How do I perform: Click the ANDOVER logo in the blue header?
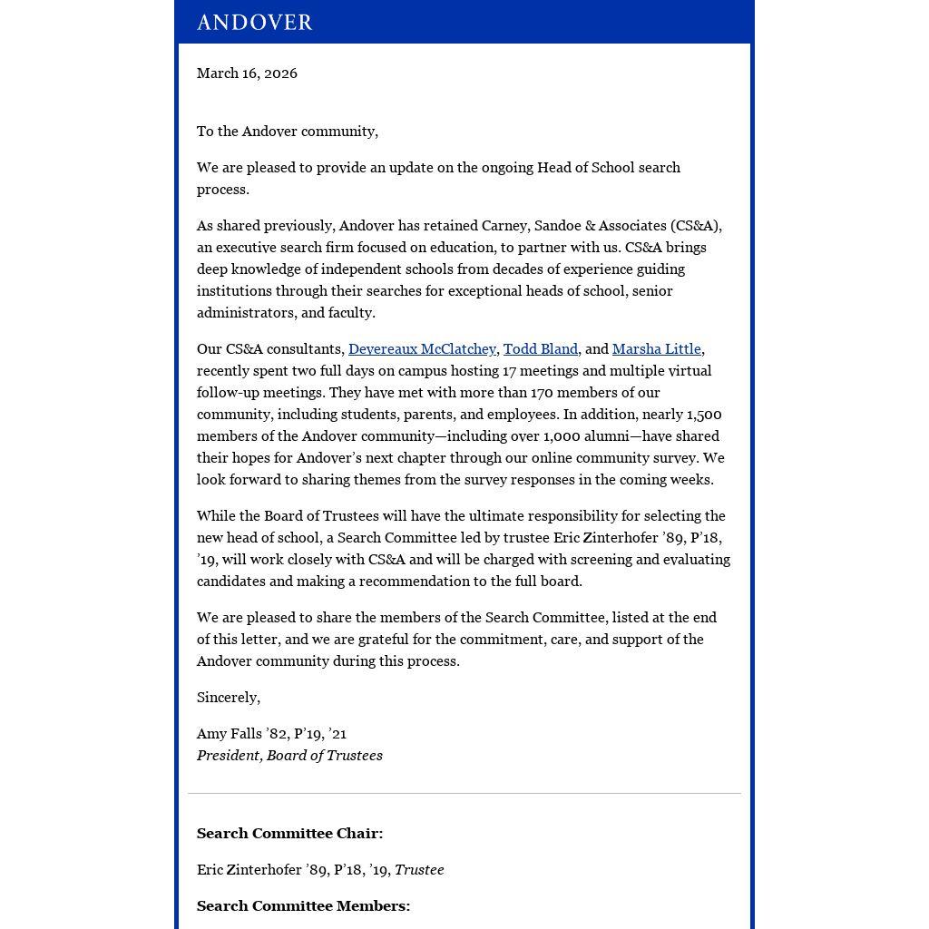(254, 22)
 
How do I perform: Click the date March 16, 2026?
(247, 73)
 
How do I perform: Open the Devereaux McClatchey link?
(422, 349)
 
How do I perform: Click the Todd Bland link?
(540, 349)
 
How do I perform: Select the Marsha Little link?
(656, 349)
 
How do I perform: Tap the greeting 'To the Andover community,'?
(287, 132)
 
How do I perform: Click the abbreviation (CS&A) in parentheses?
(696, 226)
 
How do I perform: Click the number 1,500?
(704, 415)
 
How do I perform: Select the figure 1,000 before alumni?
(561, 436)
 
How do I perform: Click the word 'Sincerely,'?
(229, 698)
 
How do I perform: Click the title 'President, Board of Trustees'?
(289, 756)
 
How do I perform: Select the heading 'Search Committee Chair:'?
(289, 834)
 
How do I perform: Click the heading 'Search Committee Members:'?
(303, 906)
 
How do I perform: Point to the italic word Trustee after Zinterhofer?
(419, 870)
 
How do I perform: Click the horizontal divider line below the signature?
(464, 794)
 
